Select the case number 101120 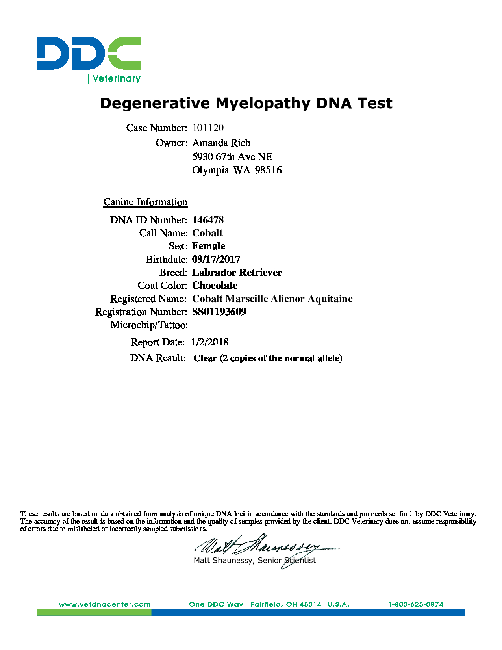(208, 128)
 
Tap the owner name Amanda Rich (221, 143)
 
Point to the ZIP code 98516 (268, 170)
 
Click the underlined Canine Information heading (145, 202)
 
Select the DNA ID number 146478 (208, 220)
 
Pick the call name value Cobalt (207, 233)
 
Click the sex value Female (209, 246)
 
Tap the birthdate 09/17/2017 (216, 259)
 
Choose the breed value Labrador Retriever (237, 273)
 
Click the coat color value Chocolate (215, 286)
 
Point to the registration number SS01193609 (219, 312)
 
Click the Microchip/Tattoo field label (149, 325)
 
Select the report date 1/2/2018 (210, 342)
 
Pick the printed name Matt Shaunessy (224, 561)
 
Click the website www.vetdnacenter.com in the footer (105, 604)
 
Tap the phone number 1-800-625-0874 (416, 604)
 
